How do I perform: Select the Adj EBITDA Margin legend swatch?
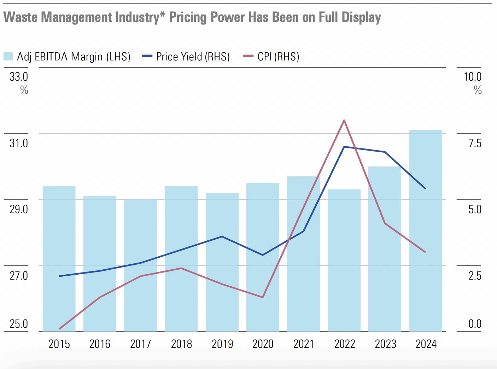pos(8,57)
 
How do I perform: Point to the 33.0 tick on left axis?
pos(19,76)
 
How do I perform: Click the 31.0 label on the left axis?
pos(19,143)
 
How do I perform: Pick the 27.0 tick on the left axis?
pos(19,275)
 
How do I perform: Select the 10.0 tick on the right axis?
pos(472,76)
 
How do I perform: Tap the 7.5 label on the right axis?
pos(475,143)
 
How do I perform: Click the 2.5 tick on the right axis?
pos(475,275)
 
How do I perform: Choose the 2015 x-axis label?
pos(59,344)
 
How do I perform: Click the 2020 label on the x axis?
pos(263,344)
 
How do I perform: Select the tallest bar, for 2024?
pos(426,230)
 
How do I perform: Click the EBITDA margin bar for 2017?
pos(140,265)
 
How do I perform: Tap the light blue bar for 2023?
pos(385,247)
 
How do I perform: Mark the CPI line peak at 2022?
pos(344,121)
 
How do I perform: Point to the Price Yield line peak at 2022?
pos(344,147)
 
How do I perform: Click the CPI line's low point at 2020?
pos(263,297)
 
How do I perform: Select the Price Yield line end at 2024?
pos(425,189)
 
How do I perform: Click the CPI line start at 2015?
pos(59,329)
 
